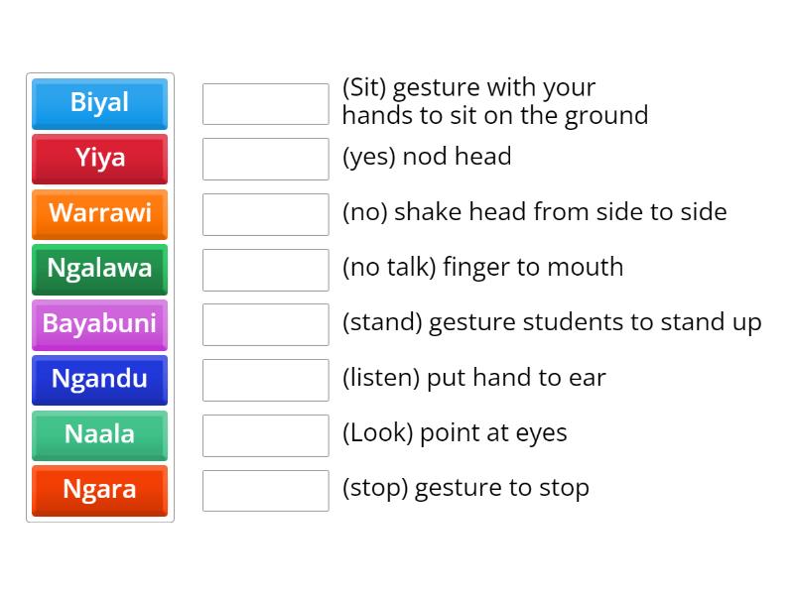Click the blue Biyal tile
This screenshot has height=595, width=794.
99,103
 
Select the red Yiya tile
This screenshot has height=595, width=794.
99,159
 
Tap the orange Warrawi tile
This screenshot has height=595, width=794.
99,213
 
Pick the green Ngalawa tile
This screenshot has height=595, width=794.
99,269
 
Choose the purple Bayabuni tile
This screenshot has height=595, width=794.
99,324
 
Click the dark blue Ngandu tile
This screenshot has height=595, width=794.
99,379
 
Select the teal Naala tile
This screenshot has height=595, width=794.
99,434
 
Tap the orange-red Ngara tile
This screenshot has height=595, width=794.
99,490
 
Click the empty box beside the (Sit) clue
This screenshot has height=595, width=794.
265,104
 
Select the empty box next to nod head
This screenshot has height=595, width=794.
265,159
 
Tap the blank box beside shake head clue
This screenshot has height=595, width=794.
265,214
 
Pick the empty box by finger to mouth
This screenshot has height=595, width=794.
265,270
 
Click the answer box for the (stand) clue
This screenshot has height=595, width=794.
265,324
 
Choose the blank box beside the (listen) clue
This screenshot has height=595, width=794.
265,380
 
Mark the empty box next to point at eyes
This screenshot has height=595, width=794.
265,435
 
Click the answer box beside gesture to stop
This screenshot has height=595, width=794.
265,490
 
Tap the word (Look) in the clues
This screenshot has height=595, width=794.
377,433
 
